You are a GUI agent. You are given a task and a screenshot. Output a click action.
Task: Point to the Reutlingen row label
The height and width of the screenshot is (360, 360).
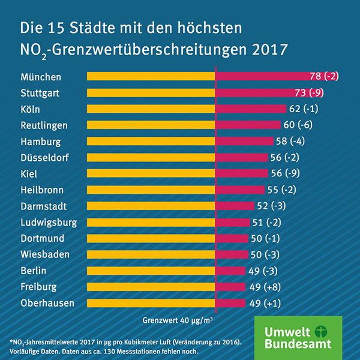click(52, 125)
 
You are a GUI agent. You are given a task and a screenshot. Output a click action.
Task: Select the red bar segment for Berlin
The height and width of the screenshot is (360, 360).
click(230, 271)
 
